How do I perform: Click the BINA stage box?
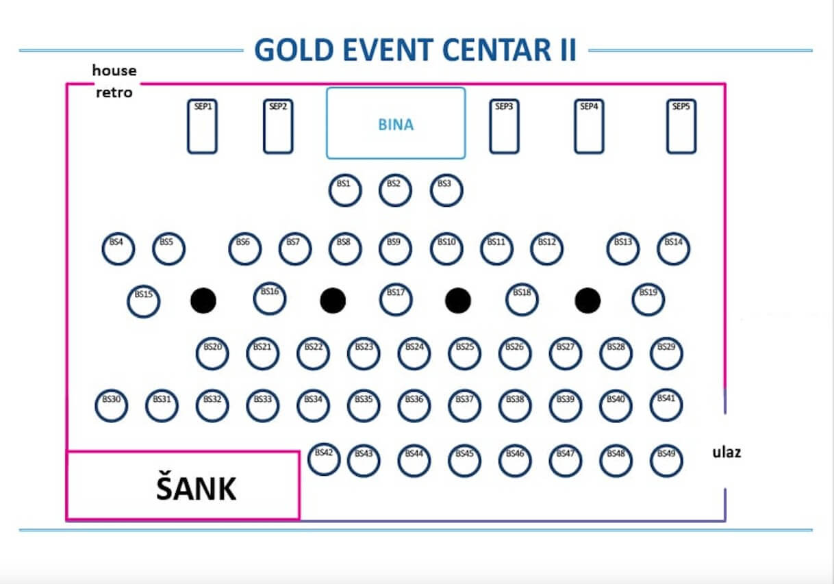pos(395,123)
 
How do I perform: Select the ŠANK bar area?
pos(183,485)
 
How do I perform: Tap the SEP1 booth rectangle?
pos(202,127)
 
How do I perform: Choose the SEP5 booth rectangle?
pos(681,127)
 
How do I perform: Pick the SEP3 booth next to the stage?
pos(504,127)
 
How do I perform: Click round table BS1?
pos(344,191)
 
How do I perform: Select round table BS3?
pos(446,191)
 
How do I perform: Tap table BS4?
pos(118,249)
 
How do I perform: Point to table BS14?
pos(673,249)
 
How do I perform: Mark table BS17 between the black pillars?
pos(396,300)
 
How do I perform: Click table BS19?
pos(648,300)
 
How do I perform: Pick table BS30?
pos(112,406)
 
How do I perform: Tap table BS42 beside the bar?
pos(324,460)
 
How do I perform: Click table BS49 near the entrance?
pos(666,461)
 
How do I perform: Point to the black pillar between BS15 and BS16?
pos(203,301)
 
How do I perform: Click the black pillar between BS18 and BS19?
pos(587,301)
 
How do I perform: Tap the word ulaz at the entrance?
pos(726,453)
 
